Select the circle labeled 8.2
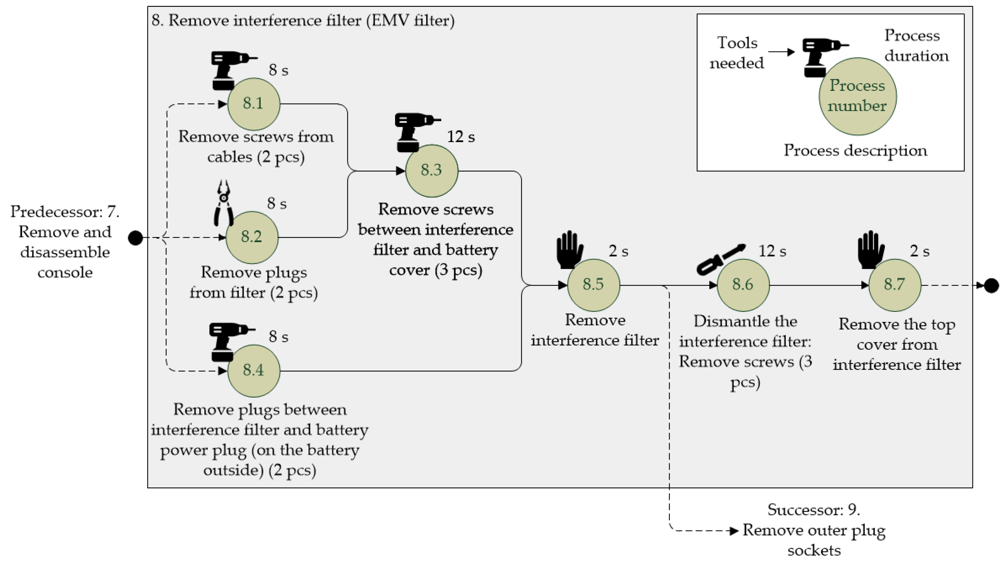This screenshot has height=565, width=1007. [252, 237]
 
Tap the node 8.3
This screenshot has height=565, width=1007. [432, 170]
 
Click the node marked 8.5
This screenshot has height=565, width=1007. [593, 285]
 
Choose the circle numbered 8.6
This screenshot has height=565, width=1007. [743, 285]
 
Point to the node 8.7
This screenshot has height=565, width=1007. [894, 285]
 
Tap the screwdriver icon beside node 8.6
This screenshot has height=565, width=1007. [720, 259]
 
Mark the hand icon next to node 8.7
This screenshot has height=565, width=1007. [871, 249]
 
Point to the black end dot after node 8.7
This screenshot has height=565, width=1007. [991, 285]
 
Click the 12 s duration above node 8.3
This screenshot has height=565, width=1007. [461, 137]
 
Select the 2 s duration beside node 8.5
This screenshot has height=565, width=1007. [618, 251]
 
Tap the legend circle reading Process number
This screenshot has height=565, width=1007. [858, 96]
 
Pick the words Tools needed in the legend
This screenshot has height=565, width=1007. [737, 53]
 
